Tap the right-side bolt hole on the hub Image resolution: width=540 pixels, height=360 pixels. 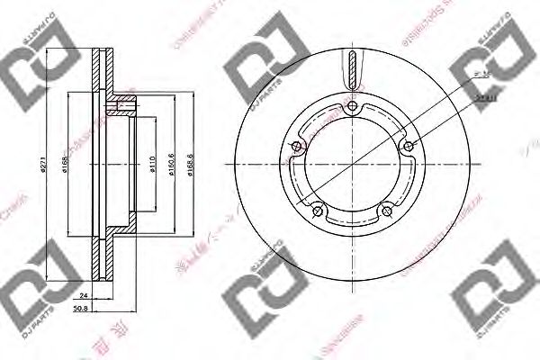tap(409, 147)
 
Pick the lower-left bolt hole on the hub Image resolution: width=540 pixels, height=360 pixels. tap(318, 211)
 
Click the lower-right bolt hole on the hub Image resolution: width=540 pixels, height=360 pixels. tap(387, 211)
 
